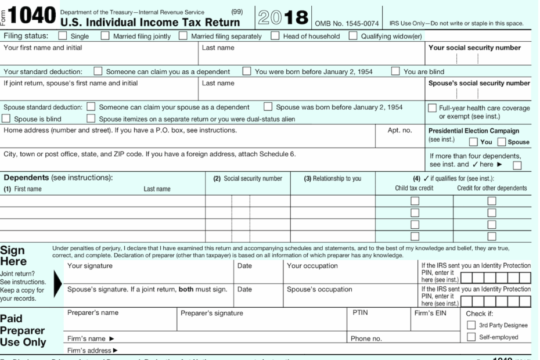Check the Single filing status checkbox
pyautogui.click(x=62, y=36)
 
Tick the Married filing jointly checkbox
pyautogui.click(x=105, y=36)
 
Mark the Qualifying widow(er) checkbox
pyautogui.click(x=353, y=36)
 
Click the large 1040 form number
pyautogui.click(x=33, y=15)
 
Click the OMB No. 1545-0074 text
pyautogui.click(x=347, y=23)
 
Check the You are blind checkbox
pyautogui.click(x=395, y=72)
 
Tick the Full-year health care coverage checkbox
pyautogui.click(x=433, y=108)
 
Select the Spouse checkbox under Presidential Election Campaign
pyautogui.click(x=501, y=142)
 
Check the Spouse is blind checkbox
pyautogui.click(x=7, y=119)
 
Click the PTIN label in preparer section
pyautogui.click(x=361, y=313)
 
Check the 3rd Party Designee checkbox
pyautogui.click(x=471, y=325)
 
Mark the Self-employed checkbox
pyautogui.click(x=471, y=337)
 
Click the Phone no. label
pyautogui.click(x=366, y=339)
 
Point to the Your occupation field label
pyautogui.click(x=312, y=266)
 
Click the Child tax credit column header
pyautogui.click(x=415, y=188)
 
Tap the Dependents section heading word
pyautogui.click(x=26, y=177)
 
